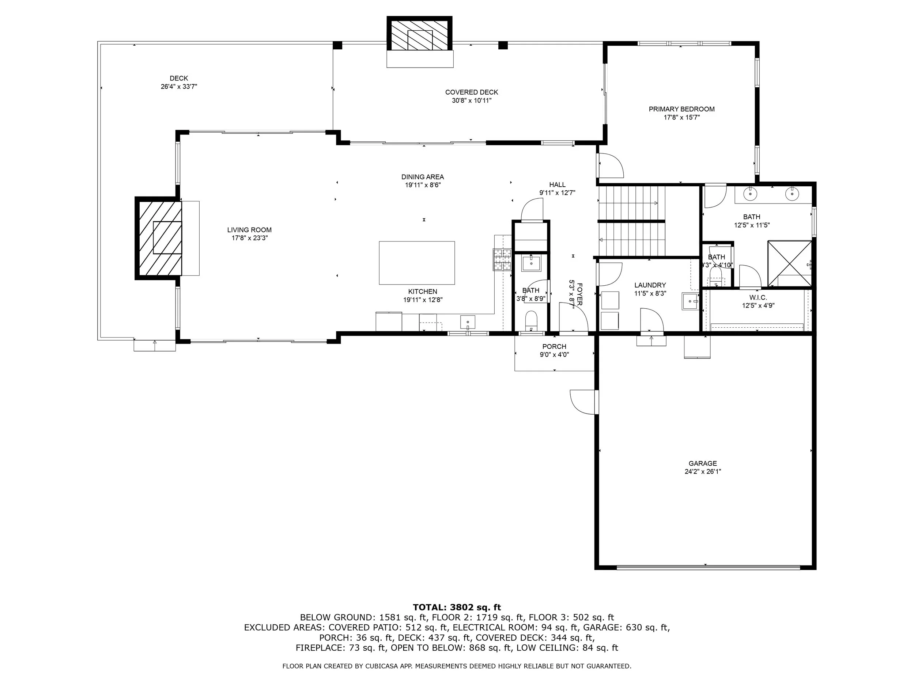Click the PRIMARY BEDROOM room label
(x=681, y=109)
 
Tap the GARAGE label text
(x=702, y=463)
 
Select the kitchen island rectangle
(x=417, y=263)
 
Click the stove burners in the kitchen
(x=502, y=259)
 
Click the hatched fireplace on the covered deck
(x=419, y=34)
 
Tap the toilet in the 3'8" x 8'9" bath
(x=530, y=320)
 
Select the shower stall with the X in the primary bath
(x=790, y=263)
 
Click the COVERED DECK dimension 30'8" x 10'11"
(x=472, y=100)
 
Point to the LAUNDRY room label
(x=650, y=285)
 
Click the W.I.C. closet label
(x=758, y=298)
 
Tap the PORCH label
(x=554, y=346)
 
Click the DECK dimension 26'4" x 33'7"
(x=179, y=87)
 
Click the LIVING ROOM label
(x=249, y=230)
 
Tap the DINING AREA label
(x=423, y=177)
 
